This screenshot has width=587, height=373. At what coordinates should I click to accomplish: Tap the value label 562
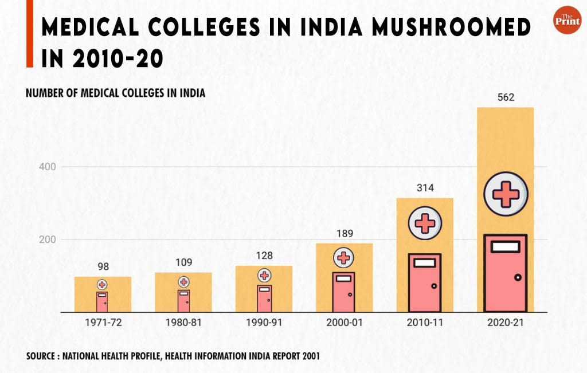click(x=506, y=97)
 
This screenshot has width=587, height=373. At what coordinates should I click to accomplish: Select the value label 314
click(x=425, y=188)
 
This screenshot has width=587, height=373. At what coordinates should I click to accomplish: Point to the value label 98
click(x=103, y=266)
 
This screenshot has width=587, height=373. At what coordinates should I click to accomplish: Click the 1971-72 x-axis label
click(x=103, y=323)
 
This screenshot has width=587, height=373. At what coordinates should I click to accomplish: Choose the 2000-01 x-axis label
click(x=344, y=323)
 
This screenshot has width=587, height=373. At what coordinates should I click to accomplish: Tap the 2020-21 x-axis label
click(x=506, y=323)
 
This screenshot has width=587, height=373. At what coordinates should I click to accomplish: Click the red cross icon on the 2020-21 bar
click(x=506, y=194)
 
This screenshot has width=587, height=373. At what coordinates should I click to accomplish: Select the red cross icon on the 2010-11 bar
click(x=425, y=223)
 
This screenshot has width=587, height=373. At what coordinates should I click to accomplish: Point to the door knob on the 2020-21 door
click(x=518, y=277)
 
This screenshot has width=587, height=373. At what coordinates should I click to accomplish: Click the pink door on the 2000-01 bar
click(x=344, y=292)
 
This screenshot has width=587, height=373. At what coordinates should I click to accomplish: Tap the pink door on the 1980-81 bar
click(x=183, y=301)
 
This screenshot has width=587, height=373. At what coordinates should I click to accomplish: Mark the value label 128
click(x=264, y=256)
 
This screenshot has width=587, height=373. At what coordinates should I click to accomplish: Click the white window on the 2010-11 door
click(x=425, y=263)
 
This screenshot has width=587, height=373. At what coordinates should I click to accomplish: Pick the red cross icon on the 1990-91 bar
click(x=264, y=276)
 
